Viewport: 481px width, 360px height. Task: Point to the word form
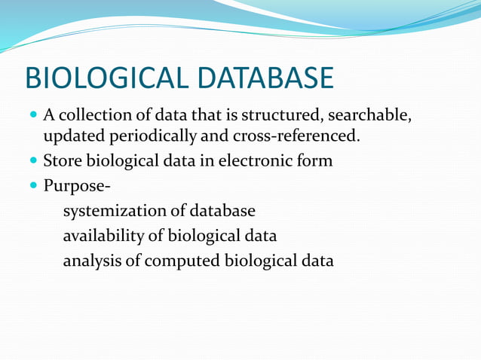click(316, 160)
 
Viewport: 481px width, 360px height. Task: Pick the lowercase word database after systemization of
click(222, 211)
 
